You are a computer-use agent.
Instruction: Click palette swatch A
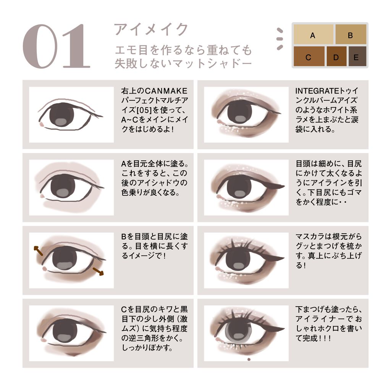[313, 34]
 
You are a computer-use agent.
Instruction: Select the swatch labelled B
[351, 34]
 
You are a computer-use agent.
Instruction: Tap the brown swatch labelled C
[309, 57]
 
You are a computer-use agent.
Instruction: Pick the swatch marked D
[336, 57]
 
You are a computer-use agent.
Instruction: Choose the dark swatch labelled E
[357, 57]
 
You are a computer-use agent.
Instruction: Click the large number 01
[57, 46]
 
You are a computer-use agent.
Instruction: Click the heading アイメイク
[151, 29]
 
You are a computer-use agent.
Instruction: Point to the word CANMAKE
[166, 91]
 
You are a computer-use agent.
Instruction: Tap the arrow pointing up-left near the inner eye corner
[39, 250]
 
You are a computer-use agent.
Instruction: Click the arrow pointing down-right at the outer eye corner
[98, 271]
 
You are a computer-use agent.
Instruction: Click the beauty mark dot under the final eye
[249, 359]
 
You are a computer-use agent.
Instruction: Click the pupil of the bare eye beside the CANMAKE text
[62, 115]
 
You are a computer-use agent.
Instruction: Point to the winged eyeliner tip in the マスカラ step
[284, 258]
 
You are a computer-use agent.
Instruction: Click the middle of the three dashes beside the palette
[280, 39]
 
